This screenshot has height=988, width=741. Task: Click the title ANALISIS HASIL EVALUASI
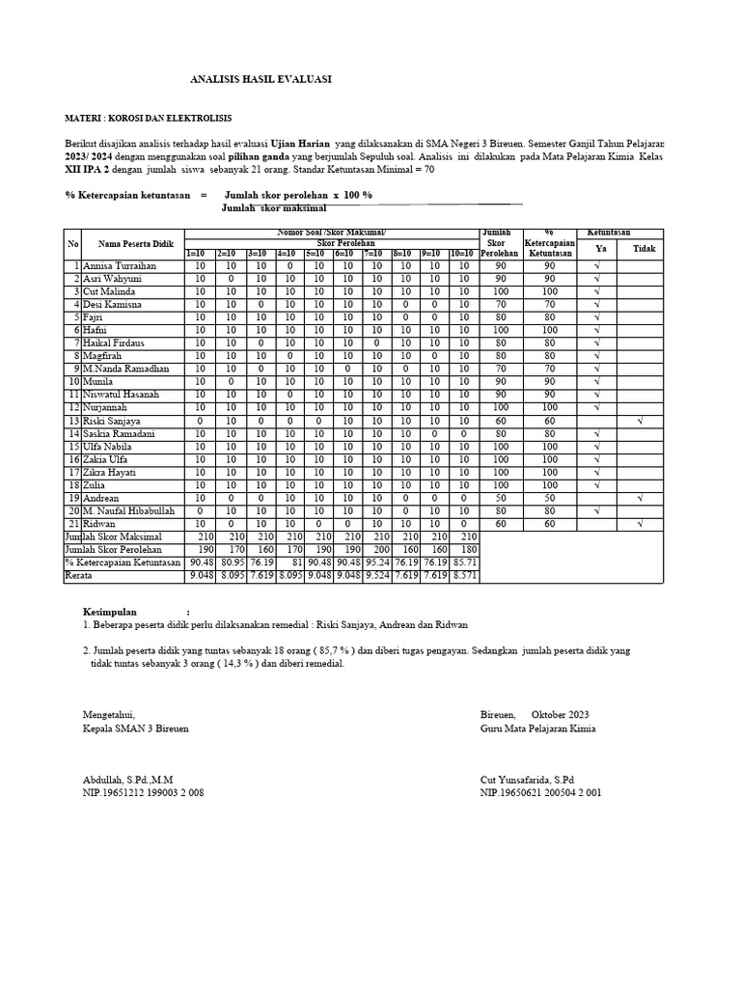click(x=261, y=79)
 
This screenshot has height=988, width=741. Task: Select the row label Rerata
click(x=79, y=576)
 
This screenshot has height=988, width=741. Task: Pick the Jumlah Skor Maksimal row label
click(x=113, y=536)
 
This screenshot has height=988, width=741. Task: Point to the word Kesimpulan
click(x=110, y=612)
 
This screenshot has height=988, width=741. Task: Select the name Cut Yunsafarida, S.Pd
click(x=527, y=779)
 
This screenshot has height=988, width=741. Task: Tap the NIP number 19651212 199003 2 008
click(x=144, y=792)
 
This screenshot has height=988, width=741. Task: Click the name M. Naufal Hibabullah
click(x=129, y=510)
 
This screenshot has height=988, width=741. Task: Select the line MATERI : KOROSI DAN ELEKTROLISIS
click(x=148, y=118)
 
